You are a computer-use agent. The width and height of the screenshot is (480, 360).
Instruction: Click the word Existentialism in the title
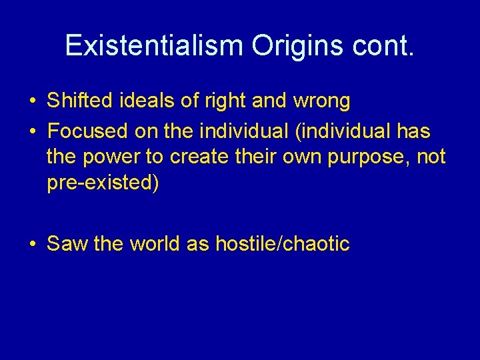pyautogui.click(x=155, y=45)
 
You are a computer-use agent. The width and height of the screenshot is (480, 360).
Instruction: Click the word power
pyautogui.click(x=109, y=157)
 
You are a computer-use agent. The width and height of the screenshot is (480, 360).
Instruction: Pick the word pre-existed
pyautogui.click(x=100, y=183)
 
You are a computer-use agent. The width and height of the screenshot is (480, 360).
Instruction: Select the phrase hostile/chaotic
pyautogui.click(x=283, y=244)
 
